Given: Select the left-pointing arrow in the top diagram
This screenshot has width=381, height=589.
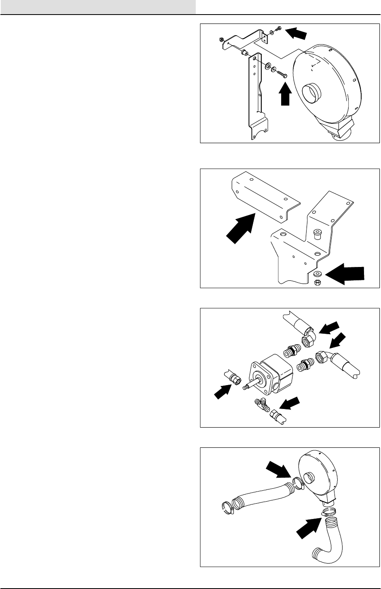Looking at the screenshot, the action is (297, 32).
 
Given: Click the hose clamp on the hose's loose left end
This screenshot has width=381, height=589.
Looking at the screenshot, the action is (227, 507).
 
